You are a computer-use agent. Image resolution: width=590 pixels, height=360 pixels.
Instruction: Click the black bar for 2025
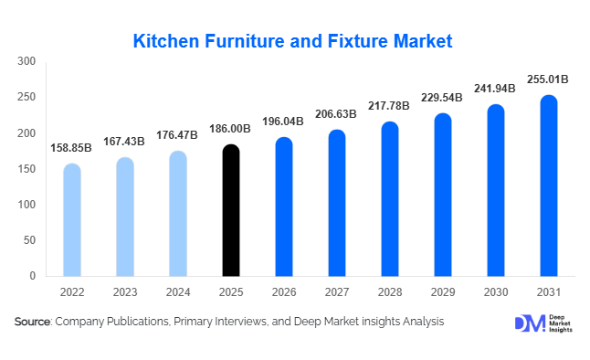point(231,211)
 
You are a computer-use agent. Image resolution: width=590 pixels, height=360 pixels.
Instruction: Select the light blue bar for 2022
point(72,220)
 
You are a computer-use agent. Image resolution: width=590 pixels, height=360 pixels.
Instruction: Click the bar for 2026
point(284,207)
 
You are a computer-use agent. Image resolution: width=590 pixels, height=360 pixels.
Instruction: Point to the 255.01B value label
point(548,79)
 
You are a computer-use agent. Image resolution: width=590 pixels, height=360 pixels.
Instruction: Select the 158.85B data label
point(72,147)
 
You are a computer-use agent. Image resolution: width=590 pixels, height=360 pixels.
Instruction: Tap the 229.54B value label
point(442,99)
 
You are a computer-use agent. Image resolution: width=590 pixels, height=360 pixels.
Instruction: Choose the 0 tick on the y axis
point(32,276)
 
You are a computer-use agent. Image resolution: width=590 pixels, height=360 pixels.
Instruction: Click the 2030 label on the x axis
point(495,293)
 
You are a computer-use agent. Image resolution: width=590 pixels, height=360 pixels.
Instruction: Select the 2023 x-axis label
point(125,293)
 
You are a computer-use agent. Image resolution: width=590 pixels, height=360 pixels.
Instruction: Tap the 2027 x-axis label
point(336,293)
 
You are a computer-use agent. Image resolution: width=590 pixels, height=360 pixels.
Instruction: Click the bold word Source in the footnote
point(33,322)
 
